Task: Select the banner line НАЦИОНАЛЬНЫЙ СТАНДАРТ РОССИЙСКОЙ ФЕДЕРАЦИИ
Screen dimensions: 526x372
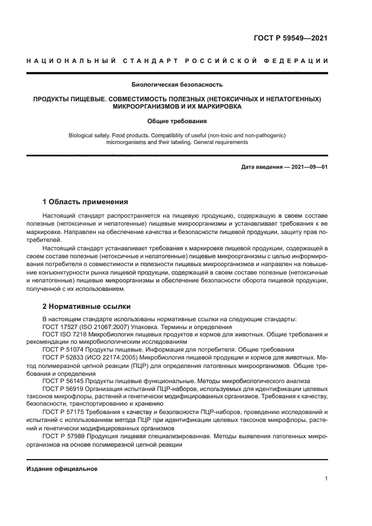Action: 177,61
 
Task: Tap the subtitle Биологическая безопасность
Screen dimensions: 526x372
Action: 177,86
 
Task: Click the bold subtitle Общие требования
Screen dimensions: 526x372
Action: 177,121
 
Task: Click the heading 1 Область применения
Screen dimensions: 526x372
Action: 86,201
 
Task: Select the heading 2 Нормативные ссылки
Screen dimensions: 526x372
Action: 87,307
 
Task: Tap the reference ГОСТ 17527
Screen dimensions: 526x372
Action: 60,327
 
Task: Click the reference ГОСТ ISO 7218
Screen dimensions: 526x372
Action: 62,334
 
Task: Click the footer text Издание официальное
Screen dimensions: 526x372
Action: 62,469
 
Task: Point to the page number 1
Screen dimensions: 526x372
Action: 326,479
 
